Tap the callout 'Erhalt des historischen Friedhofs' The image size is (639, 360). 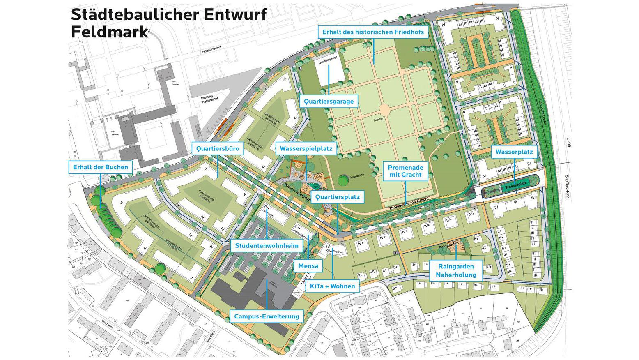(372, 32)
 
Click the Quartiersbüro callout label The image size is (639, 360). (218, 148)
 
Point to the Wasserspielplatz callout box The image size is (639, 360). (306, 148)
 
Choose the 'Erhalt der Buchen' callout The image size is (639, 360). (101, 167)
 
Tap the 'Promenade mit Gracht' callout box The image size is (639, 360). (405, 171)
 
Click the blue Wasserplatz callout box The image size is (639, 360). (514, 152)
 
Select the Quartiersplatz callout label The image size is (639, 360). (337, 197)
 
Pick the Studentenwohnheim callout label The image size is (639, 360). (267, 246)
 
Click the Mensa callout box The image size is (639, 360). (308, 266)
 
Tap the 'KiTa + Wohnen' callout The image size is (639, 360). (332, 286)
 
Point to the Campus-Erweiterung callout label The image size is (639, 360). (267, 316)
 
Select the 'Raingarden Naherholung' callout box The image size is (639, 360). (456, 271)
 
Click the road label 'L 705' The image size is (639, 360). (569, 142)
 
